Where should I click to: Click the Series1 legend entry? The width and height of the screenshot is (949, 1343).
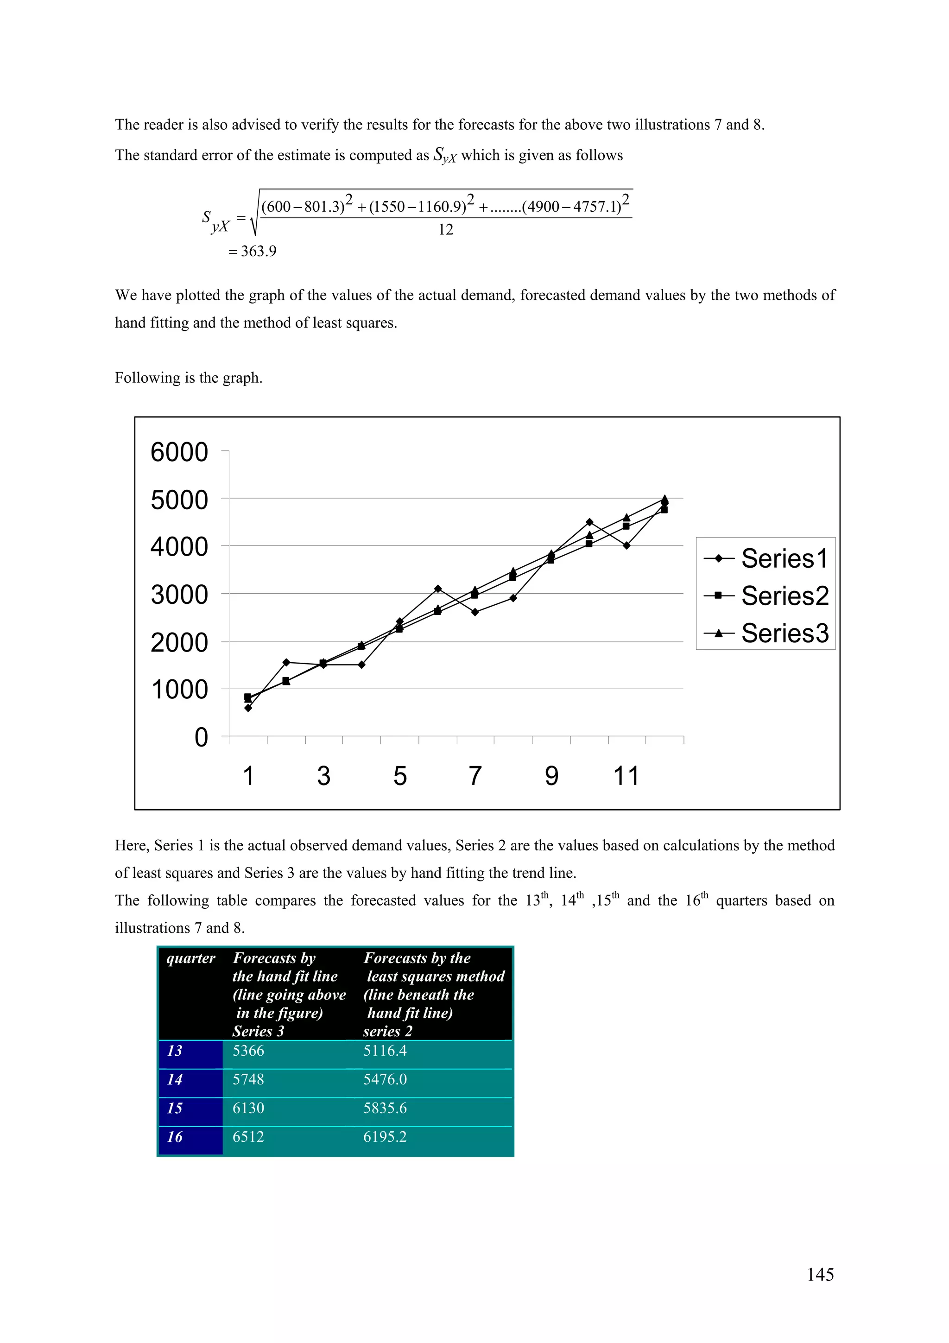766,558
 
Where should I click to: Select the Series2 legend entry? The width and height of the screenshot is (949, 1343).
766,596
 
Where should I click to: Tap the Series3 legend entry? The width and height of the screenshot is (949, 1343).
766,633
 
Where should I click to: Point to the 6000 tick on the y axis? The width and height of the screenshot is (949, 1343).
179,452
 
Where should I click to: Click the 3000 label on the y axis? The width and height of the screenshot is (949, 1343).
179,595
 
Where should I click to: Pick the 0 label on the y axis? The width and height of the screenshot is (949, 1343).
201,738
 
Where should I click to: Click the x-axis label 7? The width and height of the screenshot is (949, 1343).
475,776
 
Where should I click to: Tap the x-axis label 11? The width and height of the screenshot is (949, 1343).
626,776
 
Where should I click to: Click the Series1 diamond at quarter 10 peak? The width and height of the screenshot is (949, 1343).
589,522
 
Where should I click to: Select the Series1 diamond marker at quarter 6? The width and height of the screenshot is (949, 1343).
438,589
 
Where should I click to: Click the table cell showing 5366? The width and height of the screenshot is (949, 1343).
248,1051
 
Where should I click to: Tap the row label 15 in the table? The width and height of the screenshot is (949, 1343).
175,1108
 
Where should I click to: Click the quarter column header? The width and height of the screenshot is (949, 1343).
190,958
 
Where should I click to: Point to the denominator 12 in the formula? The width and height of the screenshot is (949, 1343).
446,230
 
